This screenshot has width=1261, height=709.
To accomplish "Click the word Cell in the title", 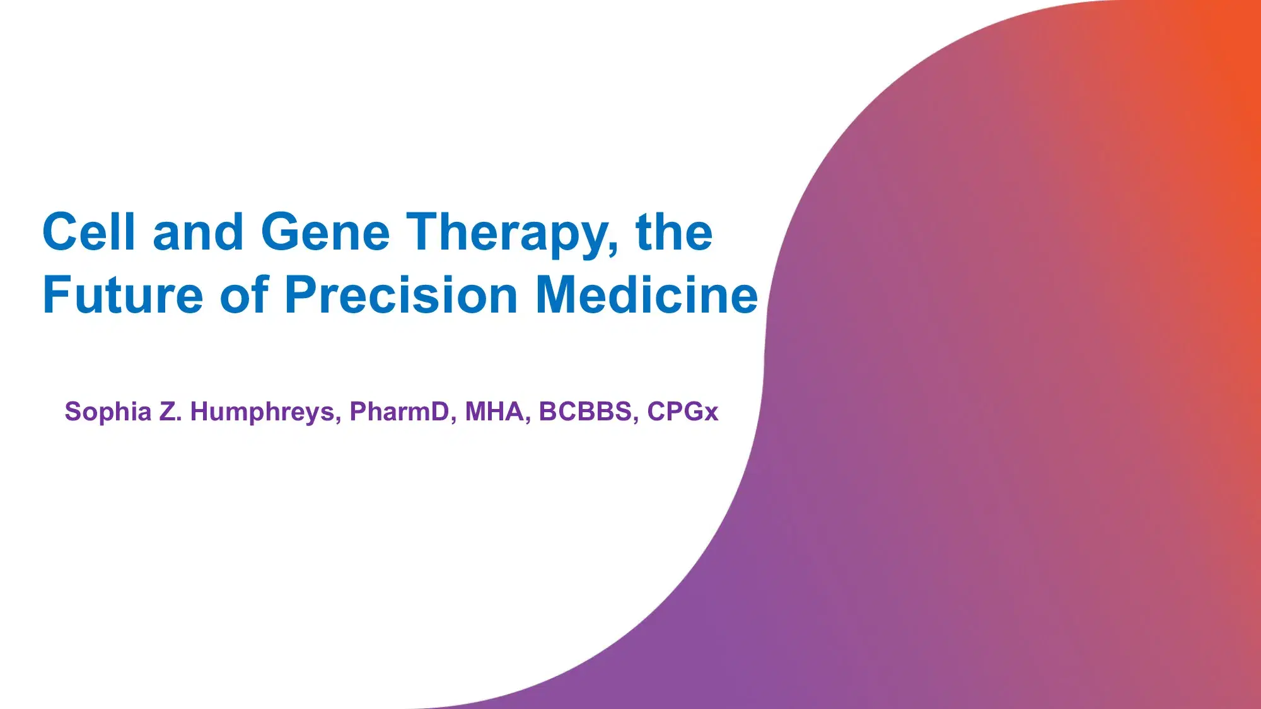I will pyautogui.click(x=89, y=232).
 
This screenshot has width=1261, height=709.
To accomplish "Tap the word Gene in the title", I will pyautogui.click(x=325, y=232).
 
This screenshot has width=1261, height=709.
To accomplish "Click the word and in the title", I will pyautogui.click(x=198, y=232).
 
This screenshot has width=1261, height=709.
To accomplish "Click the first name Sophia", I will pyautogui.click(x=108, y=412).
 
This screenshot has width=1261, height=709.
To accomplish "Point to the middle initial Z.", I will pyautogui.click(x=169, y=412).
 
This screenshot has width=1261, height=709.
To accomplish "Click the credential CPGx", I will pyautogui.click(x=683, y=412).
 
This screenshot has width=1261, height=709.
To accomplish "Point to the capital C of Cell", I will pyautogui.click(x=60, y=232).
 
